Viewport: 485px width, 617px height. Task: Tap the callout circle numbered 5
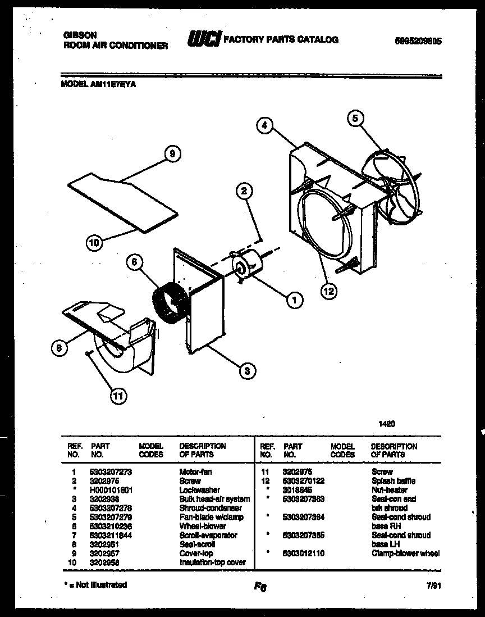(x=355, y=118)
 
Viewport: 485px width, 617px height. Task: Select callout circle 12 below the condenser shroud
(x=329, y=291)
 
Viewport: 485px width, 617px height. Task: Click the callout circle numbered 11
(x=117, y=397)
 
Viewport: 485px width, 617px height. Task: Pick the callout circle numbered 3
(x=246, y=370)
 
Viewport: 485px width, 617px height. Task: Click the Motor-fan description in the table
(x=195, y=472)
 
